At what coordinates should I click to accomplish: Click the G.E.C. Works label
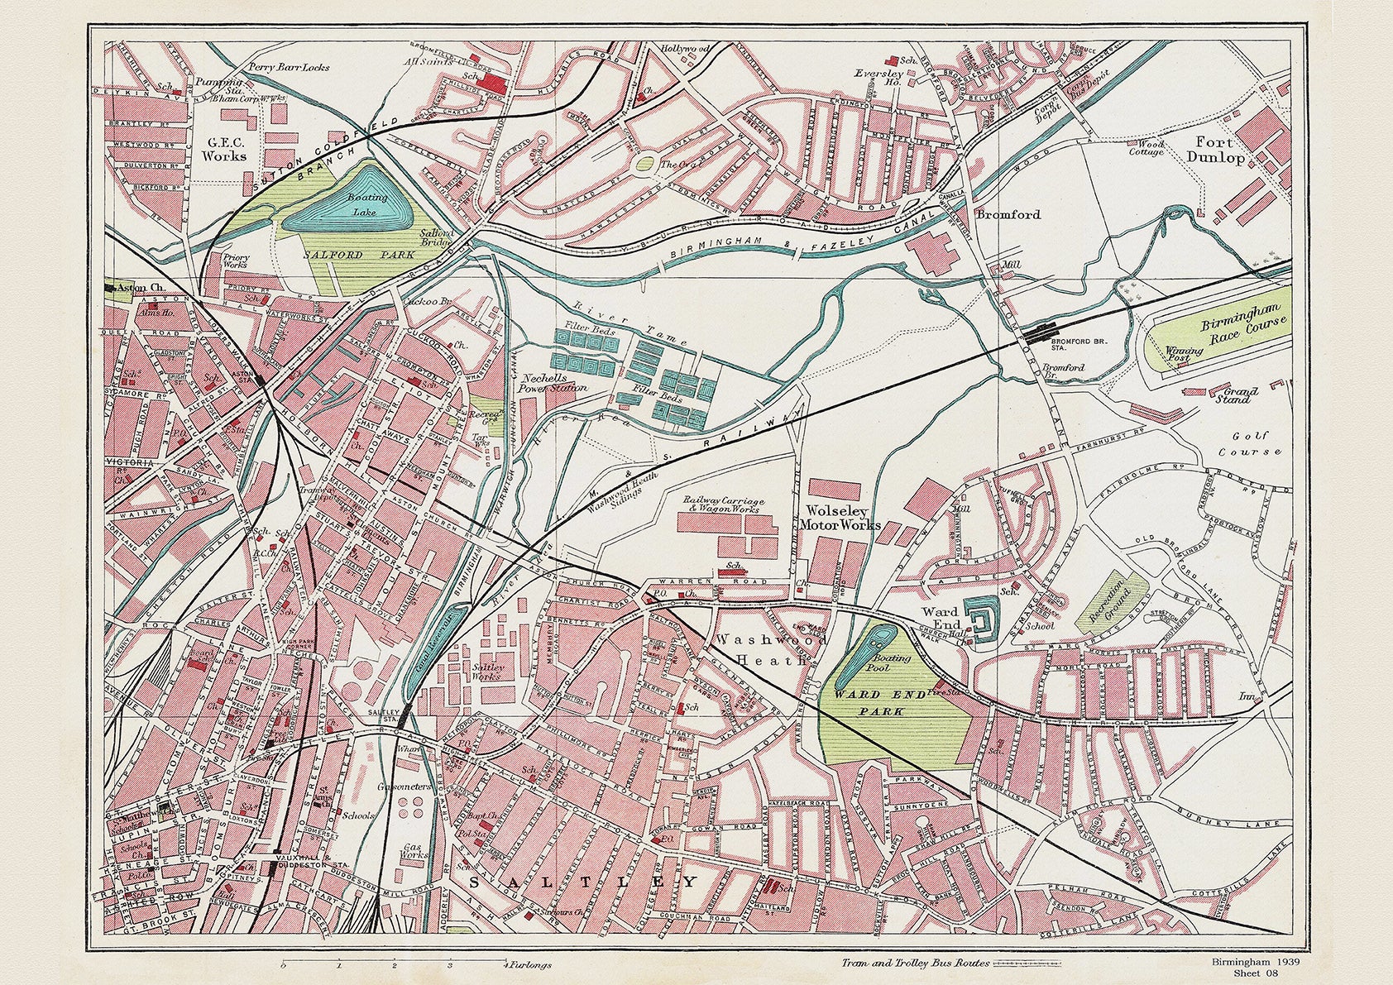tap(225, 149)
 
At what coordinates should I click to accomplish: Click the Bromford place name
tap(1008, 214)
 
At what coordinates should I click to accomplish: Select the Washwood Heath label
tap(759, 650)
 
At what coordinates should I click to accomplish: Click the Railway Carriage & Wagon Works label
tap(724, 504)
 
